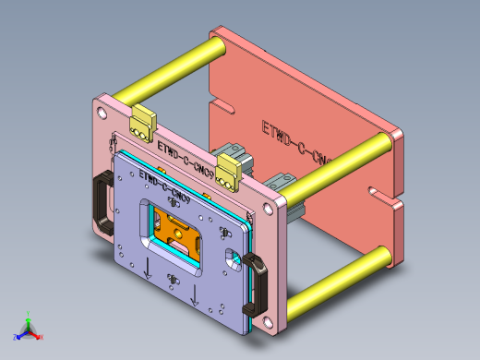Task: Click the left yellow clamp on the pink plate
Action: (144, 122)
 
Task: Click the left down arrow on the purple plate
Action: (146, 270)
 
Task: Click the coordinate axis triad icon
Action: (28, 328)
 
